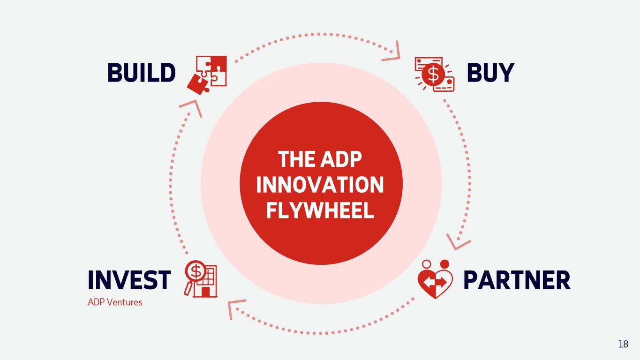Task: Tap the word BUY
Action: pos(490,73)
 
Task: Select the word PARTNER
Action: pos(517,280)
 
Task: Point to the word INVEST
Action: pos(129,280)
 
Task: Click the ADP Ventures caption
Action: pos(115,302)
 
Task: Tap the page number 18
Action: pos(623,345)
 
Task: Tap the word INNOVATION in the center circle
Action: pos(320,185)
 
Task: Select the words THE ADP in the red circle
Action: pos(320,160)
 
